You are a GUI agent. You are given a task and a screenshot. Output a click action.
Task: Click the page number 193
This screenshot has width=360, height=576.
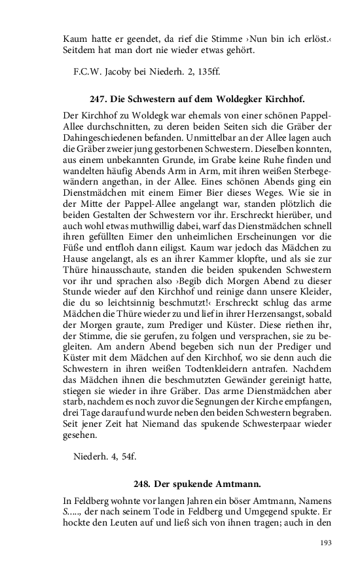pos(325,543)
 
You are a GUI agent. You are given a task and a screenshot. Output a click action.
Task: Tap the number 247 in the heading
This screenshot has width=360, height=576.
pos(97,99)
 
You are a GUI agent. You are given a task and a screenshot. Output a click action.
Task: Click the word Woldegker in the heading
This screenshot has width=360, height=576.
pos(236,99)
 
